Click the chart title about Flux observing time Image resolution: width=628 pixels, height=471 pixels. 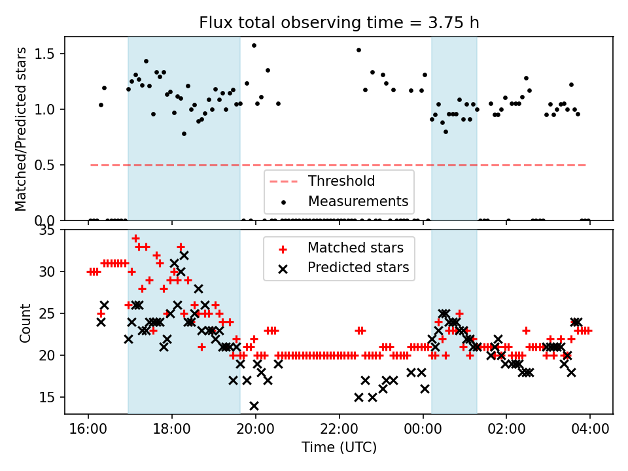[x=339, y=23]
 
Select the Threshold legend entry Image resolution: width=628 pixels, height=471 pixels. [x=341, y=181]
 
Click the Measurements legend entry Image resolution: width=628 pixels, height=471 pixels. [x=358, y=201]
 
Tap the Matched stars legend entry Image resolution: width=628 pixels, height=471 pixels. [x=355, y=248]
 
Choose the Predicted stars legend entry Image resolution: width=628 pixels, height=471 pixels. [x=358, y=268]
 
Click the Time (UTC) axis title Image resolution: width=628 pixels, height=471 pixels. [x=339, y=448]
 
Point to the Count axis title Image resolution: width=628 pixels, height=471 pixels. [x=26, y=322]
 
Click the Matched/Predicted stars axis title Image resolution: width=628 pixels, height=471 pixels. [x=21, y=129]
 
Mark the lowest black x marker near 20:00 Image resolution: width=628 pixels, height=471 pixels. [x=254, y=406]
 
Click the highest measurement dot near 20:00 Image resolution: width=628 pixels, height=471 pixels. [x=254, y=45]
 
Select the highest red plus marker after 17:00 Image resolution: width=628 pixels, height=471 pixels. [x=135, y=238]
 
